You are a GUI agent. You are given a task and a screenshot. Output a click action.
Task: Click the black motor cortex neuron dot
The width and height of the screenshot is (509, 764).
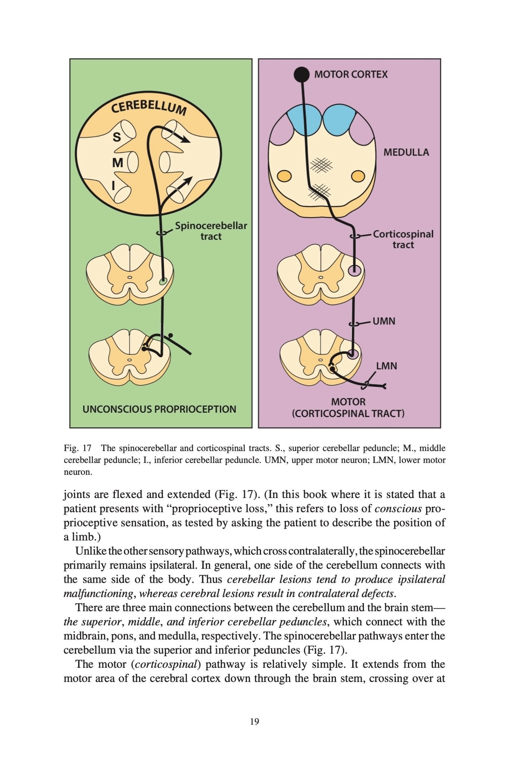[x=302, y=75]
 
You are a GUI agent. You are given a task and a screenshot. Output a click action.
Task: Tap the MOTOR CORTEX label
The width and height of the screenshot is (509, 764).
[x=351, y=74]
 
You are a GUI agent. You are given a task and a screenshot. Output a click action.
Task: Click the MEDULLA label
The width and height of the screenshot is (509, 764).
[x=406, y=152]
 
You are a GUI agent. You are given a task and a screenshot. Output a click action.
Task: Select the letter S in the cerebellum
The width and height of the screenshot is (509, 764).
[x=117, y=137]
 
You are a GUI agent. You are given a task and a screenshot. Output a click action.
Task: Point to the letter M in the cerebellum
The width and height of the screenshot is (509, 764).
[x=117, y=163]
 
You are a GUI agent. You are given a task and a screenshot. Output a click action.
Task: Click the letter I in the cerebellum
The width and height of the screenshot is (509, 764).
[x=113, y=185]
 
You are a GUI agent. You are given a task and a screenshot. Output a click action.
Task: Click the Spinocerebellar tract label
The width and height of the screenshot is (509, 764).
[x=211, y=231]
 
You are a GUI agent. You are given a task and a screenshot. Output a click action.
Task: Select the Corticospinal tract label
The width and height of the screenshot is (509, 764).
[x=403, y=239]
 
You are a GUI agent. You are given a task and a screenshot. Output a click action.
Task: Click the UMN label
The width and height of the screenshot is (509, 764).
[x=384, y=321]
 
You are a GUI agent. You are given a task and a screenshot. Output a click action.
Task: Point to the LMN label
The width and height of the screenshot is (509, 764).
[x=386, y=366]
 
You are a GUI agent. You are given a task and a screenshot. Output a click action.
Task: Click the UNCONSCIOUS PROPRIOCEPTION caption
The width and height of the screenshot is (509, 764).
[x=159, y=409]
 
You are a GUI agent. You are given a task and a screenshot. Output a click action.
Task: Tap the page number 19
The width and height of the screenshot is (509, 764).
[x=254, y=721]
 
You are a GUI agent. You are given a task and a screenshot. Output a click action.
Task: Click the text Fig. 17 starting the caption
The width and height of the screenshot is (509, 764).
[x=78, y=448]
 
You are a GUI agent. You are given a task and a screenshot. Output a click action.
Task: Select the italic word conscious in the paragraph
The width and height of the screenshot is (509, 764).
[x=398, y=508]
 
